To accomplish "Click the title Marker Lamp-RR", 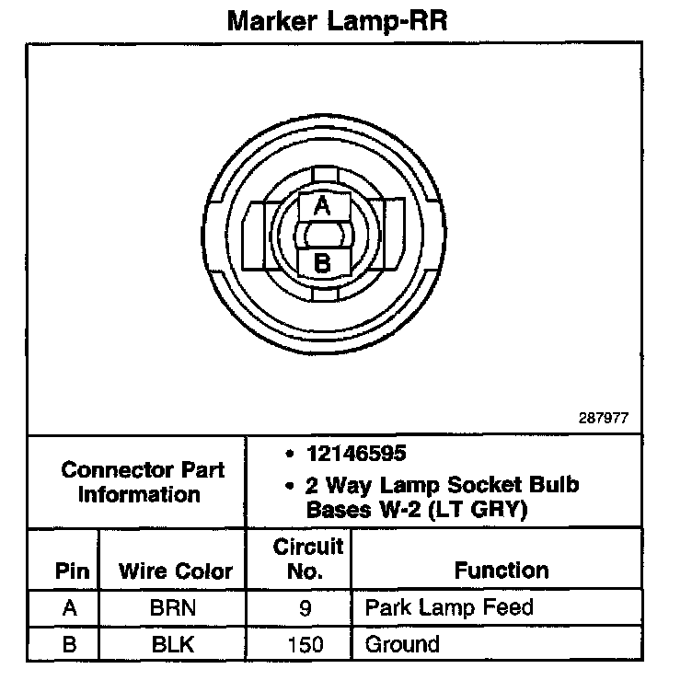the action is pos(336,20).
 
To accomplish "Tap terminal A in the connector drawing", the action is pos(322,206).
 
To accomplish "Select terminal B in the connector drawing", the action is pos(322,262).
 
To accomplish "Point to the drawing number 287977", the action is pos(603,417).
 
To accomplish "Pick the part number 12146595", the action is pos(357,455).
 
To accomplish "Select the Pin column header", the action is pos(72,571).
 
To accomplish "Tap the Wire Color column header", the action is pos(176,571).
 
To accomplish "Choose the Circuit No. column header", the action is pos(306,559).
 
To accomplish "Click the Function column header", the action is pos(501,571).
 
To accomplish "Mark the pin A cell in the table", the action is pos(70,608).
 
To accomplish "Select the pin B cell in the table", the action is pos(70,644).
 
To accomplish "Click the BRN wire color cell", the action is pos(175,608).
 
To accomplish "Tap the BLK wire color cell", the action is pos(175,644).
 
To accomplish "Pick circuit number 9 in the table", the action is pos(306,608).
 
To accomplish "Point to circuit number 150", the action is pos(306,644).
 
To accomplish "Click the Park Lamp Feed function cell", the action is pos(448,608).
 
